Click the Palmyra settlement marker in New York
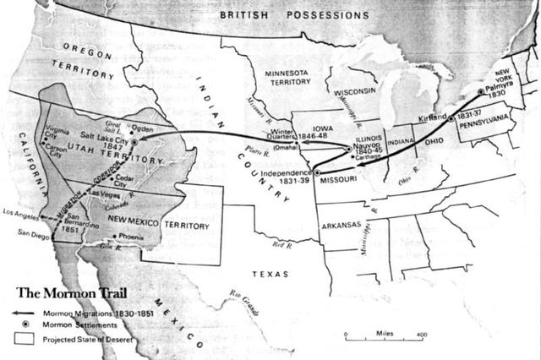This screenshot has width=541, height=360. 480,91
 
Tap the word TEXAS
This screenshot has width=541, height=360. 270,275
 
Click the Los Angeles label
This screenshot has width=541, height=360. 22,212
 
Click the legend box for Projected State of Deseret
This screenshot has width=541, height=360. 20,340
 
